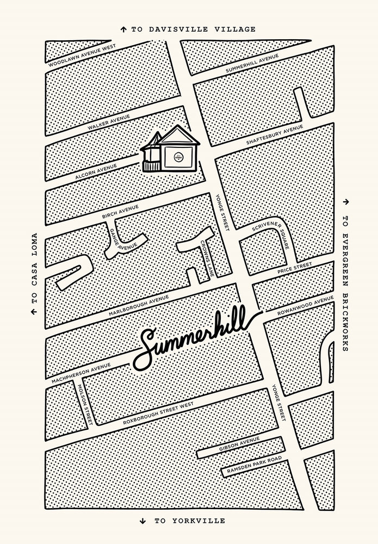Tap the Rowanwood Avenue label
(x=305, y=305)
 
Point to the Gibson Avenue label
(x=240, y=444)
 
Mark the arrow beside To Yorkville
(x=142, y=520)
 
